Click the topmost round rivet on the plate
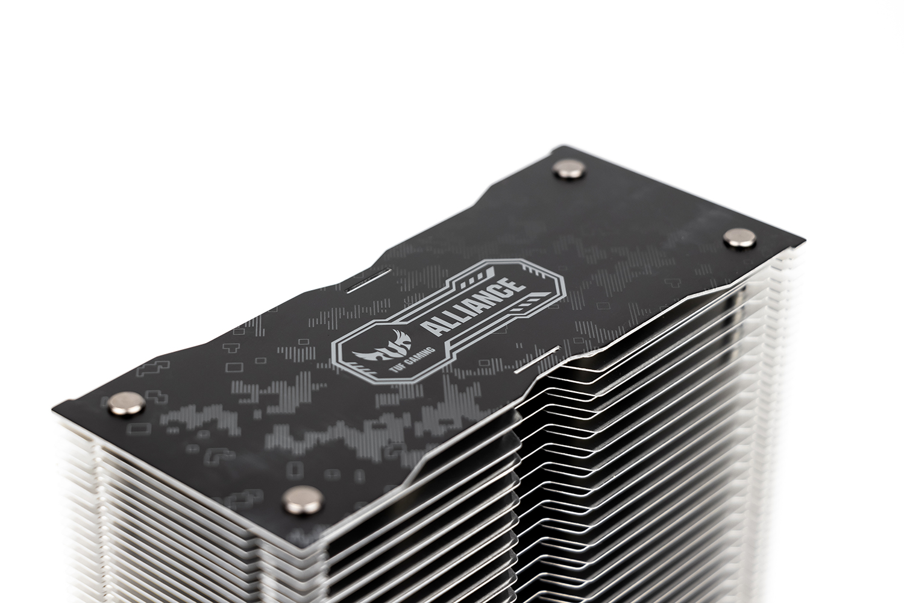point(569,170)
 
